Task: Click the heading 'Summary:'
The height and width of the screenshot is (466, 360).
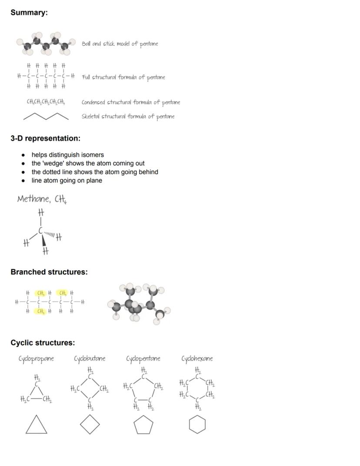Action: point(29,13)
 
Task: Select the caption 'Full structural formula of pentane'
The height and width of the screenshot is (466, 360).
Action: point(123,77)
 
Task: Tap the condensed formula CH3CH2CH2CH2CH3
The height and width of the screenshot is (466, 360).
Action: point(46,102)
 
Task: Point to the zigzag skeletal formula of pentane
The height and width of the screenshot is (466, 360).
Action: point(46,116)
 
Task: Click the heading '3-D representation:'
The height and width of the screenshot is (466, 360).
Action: point(45,138)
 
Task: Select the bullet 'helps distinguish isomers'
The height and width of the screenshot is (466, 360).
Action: point(67,155)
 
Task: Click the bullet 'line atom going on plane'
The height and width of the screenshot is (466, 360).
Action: point(67,181)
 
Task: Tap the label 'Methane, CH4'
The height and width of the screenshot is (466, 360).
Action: point(42,199)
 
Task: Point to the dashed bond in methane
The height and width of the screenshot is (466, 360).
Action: point(50,235)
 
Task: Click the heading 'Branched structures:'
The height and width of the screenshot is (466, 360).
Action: point(49,272)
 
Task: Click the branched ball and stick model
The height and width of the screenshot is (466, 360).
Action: point(138,302)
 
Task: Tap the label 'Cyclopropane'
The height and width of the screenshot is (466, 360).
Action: point(36,359)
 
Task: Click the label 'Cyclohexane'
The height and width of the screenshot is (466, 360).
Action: point(197,359)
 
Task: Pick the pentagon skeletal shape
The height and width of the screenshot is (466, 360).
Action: point(143,425)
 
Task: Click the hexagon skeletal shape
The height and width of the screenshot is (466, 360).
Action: point(197,425)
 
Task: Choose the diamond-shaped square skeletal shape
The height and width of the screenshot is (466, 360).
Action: point(90,425)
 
